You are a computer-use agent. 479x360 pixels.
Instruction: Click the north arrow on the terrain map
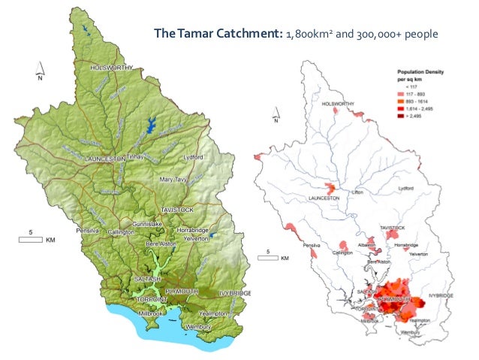(x=41, y=73)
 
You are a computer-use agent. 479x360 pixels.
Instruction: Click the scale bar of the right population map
(x=273, y=258)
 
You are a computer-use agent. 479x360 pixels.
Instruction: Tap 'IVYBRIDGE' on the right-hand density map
(x=443, y=297)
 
